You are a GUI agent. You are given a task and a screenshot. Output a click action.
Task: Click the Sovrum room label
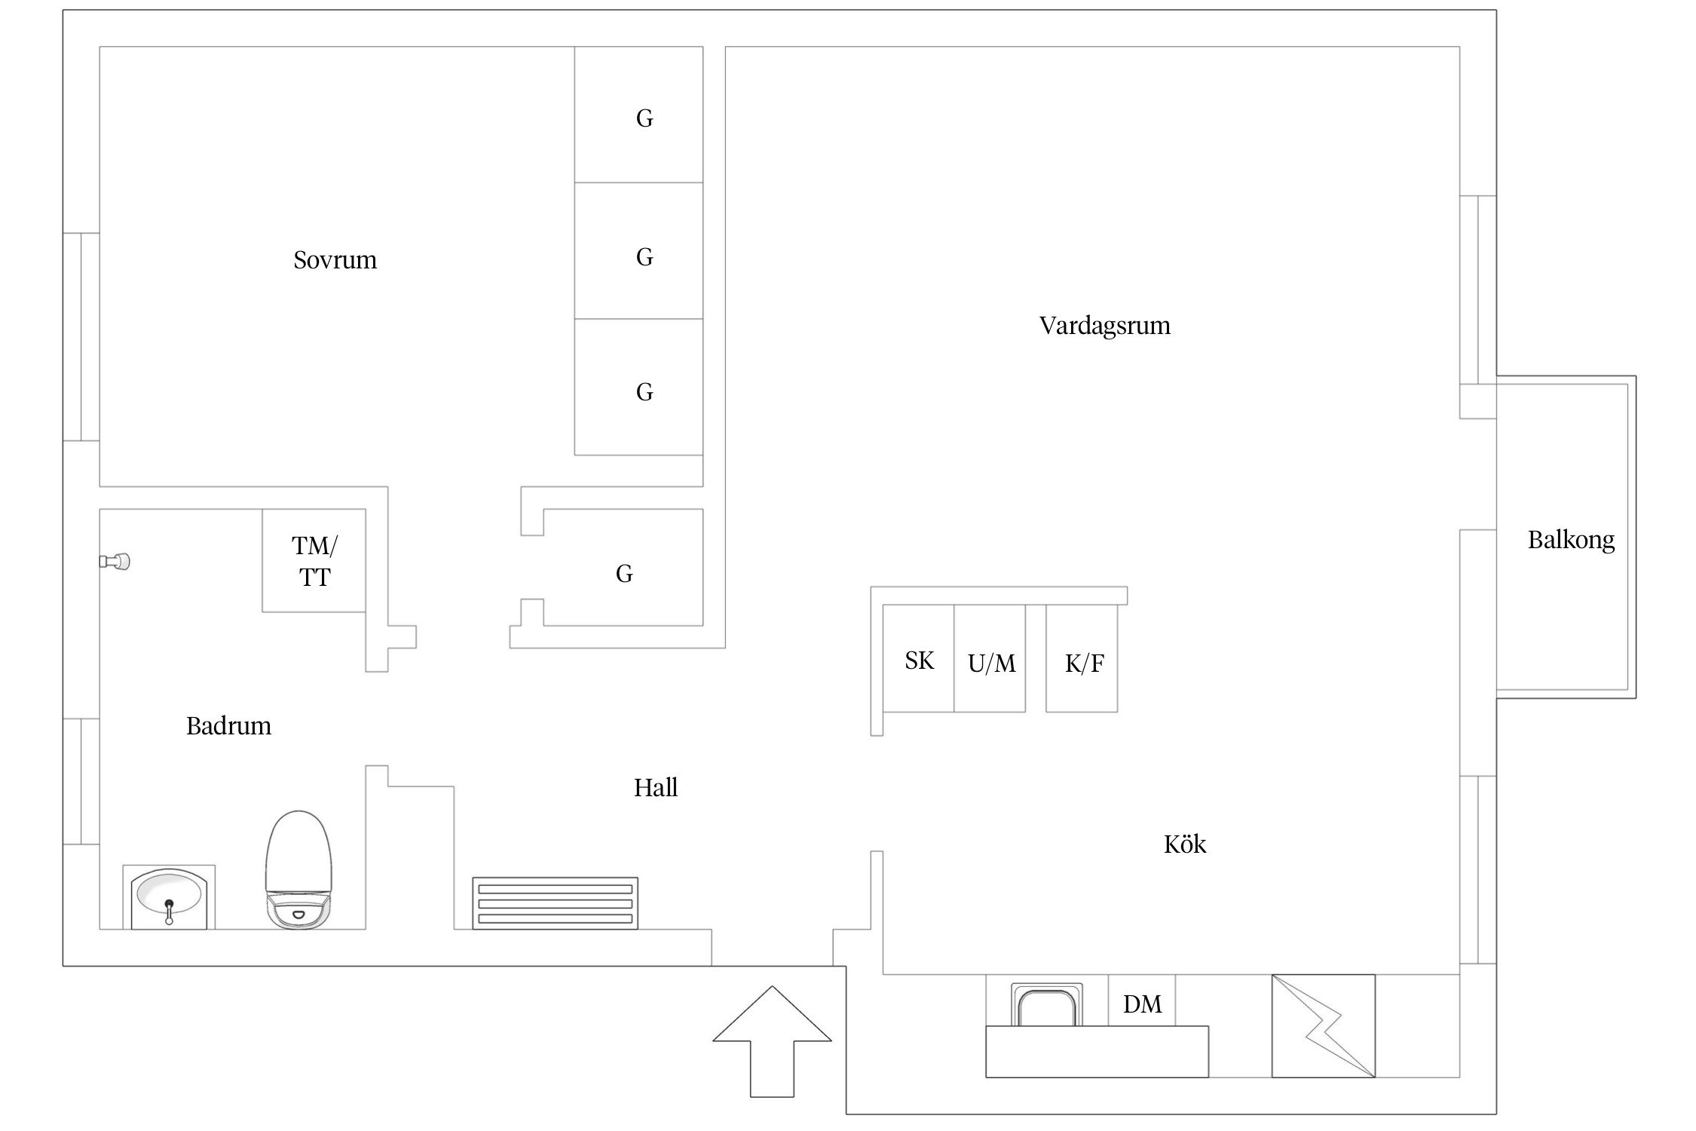335,260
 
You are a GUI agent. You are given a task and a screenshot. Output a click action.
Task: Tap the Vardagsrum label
1104,326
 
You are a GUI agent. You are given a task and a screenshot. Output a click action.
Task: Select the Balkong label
1571,540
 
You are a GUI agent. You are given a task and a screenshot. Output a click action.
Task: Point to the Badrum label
228,726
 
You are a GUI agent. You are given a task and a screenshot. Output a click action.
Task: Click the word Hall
656,788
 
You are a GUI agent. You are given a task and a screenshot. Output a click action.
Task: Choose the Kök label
1185,844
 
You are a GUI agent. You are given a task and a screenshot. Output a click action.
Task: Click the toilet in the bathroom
298,870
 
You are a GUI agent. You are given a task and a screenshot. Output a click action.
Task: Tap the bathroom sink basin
168,897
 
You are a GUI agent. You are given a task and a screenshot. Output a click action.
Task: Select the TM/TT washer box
314,560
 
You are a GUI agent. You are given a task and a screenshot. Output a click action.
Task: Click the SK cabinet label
919,661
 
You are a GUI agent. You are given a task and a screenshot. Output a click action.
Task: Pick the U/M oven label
991,664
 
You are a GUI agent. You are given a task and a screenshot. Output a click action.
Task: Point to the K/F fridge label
1085,664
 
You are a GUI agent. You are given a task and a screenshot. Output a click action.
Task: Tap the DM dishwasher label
1142,1004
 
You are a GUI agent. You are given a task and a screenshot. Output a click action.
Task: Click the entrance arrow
772,1041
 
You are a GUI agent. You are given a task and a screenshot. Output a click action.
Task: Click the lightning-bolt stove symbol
1324,1026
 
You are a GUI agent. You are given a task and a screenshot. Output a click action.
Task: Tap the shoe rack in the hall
555,903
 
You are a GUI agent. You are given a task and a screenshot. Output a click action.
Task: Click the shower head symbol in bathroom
115,561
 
